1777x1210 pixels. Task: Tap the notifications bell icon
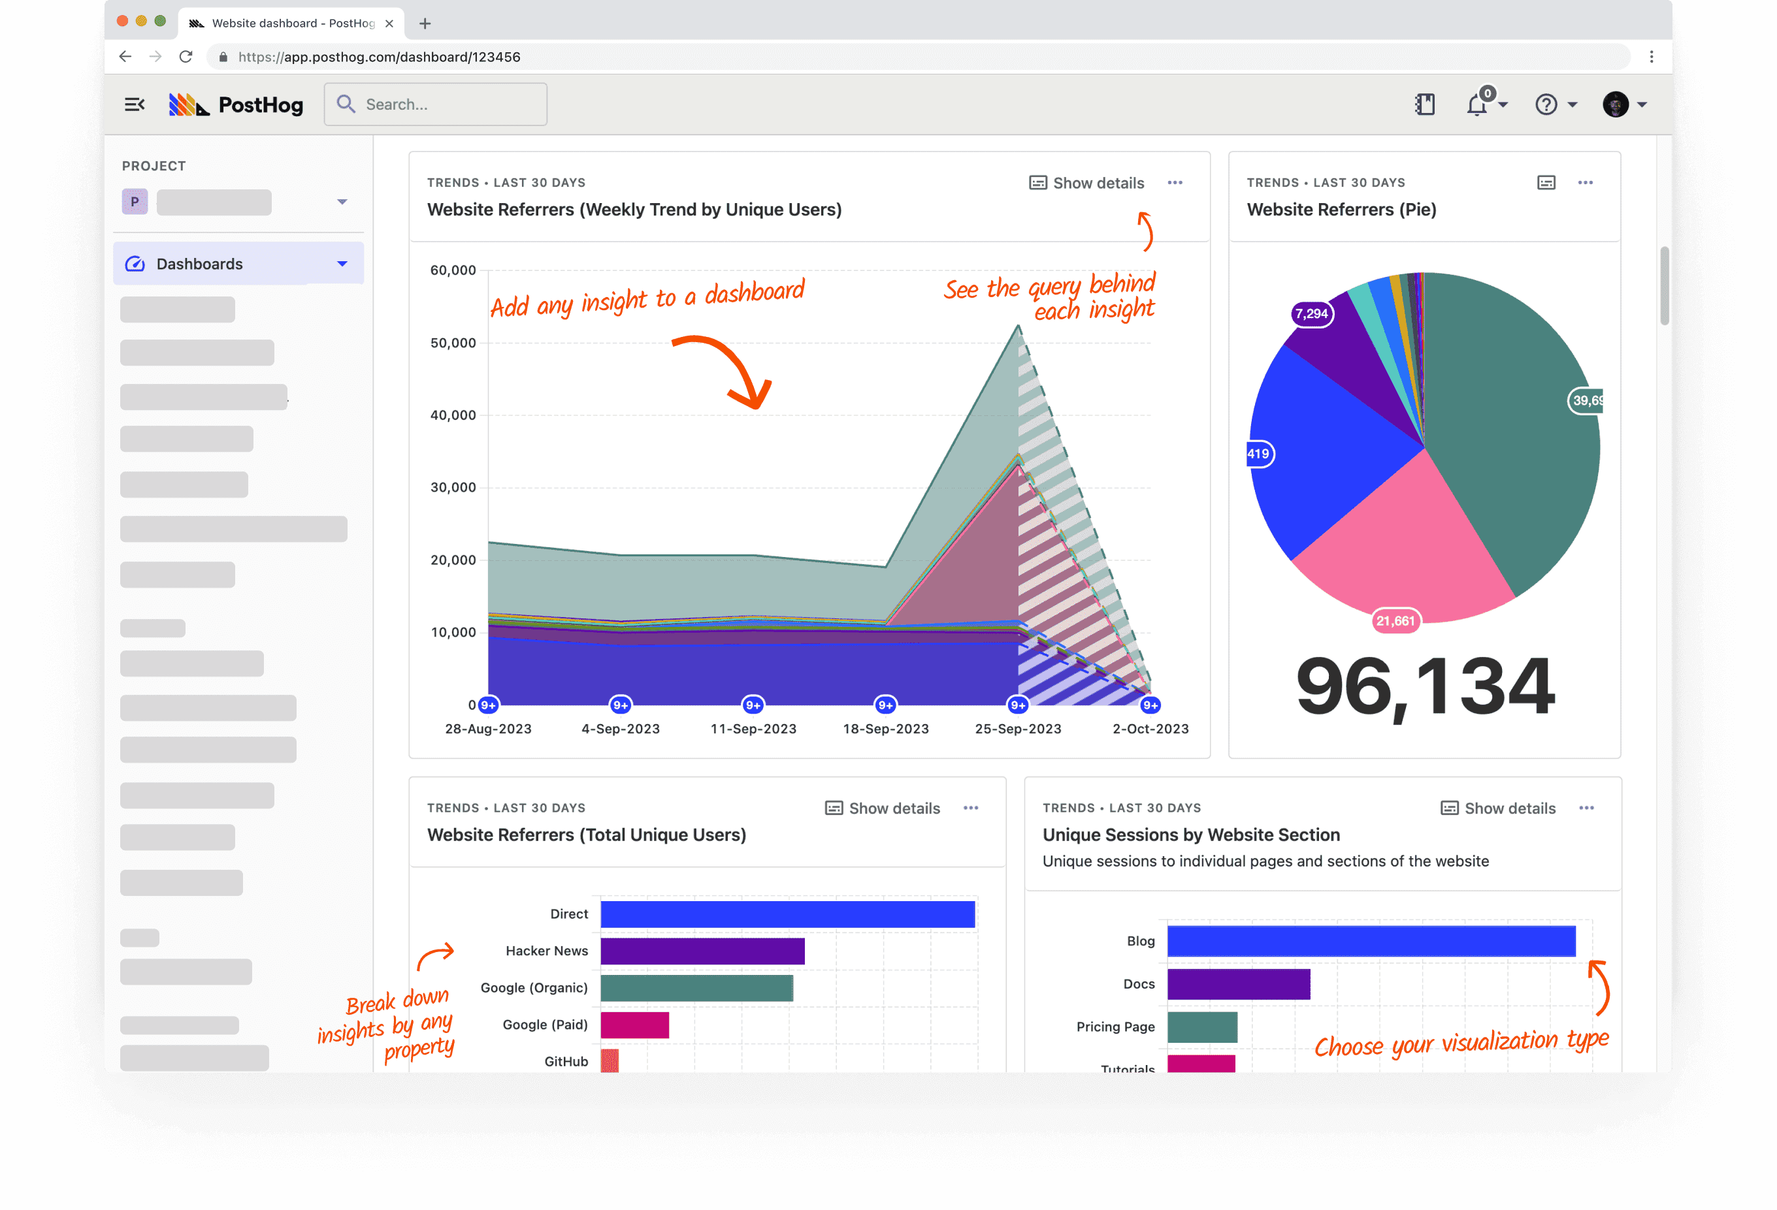click(1477, 104)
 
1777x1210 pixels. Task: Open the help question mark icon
click(1546, 104)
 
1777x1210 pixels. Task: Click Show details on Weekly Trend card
click(1086, 183)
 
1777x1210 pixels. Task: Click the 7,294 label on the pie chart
click(1311, 313)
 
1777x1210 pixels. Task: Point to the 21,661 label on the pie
click(1395, 620)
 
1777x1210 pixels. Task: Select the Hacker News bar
click(702, 951)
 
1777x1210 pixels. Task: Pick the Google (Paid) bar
click(634, 1025)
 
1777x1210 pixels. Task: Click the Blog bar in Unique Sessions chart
click(1371, 941)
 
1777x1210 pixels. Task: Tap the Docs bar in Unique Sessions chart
click(1239, 984)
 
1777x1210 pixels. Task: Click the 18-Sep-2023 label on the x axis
click(885, 729)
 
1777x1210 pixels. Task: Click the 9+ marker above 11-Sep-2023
click(753, 705)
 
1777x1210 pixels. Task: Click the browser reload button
click(186, 57)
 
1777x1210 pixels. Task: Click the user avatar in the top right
click(1615, 104)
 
